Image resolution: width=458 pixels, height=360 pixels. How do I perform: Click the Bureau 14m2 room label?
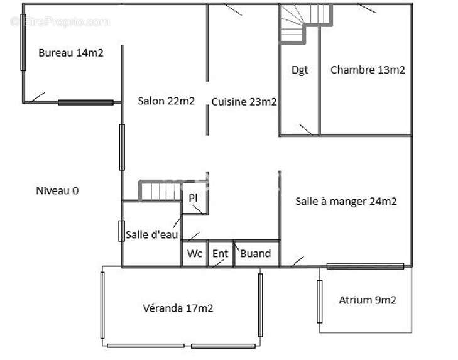pyautogui.click(x=71, y=53)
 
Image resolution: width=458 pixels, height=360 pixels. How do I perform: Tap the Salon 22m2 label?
pyautogui.click(x=166, y=101)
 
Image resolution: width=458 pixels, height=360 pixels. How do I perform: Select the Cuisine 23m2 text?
pyautogui.click(x=244, y=102)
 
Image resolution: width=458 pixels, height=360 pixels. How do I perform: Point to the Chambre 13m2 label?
pyautogui.click(x=368, y=70)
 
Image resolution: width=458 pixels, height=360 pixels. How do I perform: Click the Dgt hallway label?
pyautogui.click(x=300, y=70)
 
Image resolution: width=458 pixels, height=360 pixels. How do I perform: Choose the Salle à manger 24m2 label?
pyautogui.click(x=346, y=201)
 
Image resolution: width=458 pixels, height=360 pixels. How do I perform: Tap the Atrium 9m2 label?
pyautogui.click(x=368, y=300)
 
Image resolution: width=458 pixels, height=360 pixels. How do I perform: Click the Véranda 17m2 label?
pyautogui.click(x=178, y=308)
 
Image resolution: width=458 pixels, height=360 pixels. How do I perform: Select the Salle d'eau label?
pyautogui.click(x=151, y=234)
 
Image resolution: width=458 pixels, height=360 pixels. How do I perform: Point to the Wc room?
pyautogui.click(x=195, y=253)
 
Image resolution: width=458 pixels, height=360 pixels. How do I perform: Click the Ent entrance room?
pyautogui.click(x=221, y=253)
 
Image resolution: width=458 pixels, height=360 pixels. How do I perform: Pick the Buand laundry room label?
pyautogui.click(x=255, y=253)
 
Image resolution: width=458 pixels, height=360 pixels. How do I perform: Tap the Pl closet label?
pyautogui.click(x=193, y=198)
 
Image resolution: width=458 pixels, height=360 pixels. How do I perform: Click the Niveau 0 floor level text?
pyautogui.click(x=57, y=191)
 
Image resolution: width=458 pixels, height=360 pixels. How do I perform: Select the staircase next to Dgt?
pyautogui.click(x=307, y=23)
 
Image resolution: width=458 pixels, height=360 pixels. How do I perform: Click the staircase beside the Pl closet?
pyautogui.click(x=160, y=190)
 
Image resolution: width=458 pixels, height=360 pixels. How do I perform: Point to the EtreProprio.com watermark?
pyautogui.click(x=60, y=22)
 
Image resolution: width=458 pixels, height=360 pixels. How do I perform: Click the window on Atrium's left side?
pyautogui.click(x=320, y=302)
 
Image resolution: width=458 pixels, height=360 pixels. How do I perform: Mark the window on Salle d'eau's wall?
pyautogui.click(x=121, y=231)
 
